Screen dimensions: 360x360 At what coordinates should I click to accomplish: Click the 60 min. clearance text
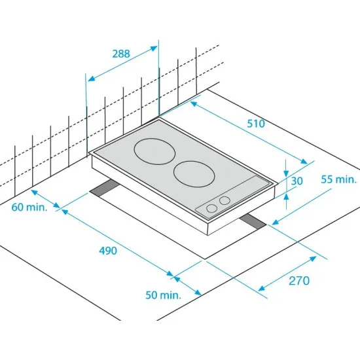click(x=27, y=207)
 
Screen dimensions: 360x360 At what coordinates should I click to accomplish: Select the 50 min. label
click(x=163, y=295)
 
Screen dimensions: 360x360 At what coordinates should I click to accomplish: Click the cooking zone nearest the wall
click(x=154, y=153)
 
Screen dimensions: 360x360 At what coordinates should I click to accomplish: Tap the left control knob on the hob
click(x=211, y=209)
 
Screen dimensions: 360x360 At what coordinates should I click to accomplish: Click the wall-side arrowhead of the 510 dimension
click(x=194, y=103)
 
